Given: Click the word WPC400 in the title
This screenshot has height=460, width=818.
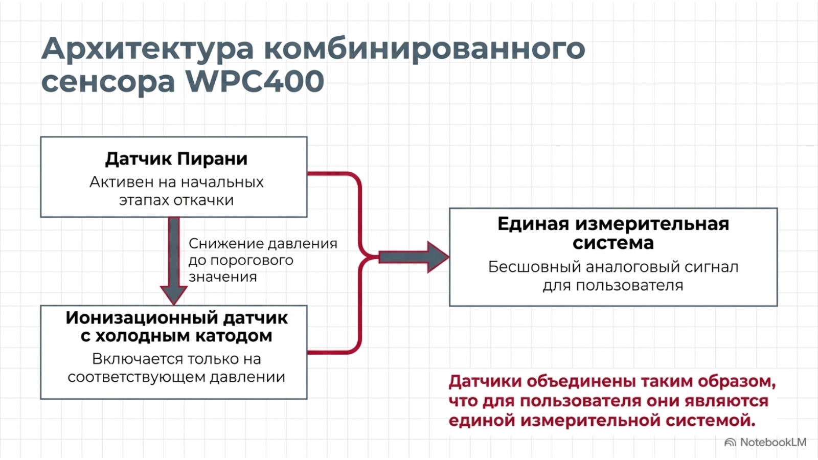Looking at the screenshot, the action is click(x=255, y=81).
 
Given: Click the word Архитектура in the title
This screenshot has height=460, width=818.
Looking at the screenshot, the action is click(x=147, y=49).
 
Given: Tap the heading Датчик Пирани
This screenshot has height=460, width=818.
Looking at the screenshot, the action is click(x=176, y=159).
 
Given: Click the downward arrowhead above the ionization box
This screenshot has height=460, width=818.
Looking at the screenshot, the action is click(x=174, y=294).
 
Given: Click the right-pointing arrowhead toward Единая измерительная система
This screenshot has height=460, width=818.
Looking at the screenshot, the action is click(x=438, y=257).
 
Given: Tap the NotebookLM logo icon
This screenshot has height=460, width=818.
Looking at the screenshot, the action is click(x=730, y=443).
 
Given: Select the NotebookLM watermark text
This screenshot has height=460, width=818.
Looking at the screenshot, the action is click(x=773, y=443).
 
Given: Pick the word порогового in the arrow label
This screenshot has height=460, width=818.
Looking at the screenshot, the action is click(x=252, y=261).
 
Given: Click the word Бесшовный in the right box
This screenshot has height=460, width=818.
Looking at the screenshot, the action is click(x=534, y=267).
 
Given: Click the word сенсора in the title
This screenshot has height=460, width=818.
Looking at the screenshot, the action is click(x=108, y=82).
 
